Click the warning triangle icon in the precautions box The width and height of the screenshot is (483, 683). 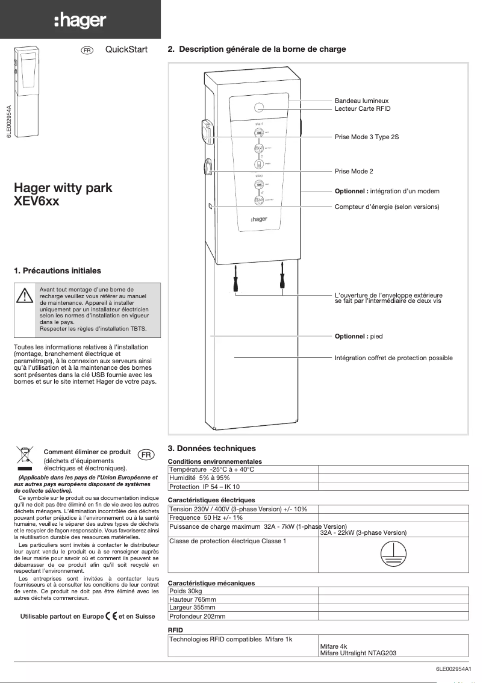pos(24,296)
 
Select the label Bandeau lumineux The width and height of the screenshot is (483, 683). pos(361,101)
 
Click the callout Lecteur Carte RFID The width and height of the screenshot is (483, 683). pos(363,108)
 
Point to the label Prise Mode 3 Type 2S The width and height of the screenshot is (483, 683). pos(367,137)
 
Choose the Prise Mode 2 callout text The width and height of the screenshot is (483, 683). pos(354,172)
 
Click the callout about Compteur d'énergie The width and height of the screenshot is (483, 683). pos(387,207)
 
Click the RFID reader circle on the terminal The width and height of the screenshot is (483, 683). pos(259,108)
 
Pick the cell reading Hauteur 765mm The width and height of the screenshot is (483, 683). pos(193,600)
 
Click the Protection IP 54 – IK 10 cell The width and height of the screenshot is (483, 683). pos(204,487)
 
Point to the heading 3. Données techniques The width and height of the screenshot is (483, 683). pos(211,448)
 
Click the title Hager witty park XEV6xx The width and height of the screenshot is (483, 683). pos(63,195)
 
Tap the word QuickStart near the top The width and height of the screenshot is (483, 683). pos(126,49)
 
